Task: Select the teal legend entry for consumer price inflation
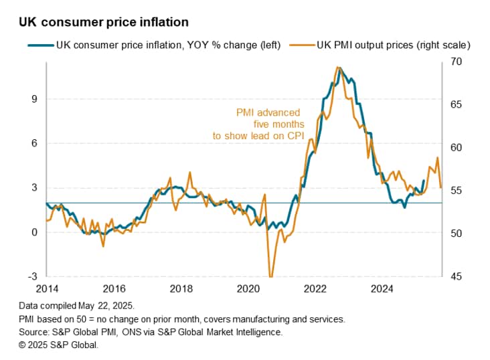point(155,46)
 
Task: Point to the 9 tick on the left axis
point(34,99)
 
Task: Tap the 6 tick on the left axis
point(34,143)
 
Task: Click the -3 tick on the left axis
point(32,276)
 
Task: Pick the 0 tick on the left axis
point(34,232)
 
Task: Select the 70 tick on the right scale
point(457,62)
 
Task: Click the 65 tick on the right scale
point(457,105)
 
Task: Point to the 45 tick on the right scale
point(457,276)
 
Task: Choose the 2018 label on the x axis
point(181,289)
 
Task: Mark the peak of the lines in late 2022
point(339,68)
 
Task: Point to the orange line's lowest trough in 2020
point(270,276)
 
